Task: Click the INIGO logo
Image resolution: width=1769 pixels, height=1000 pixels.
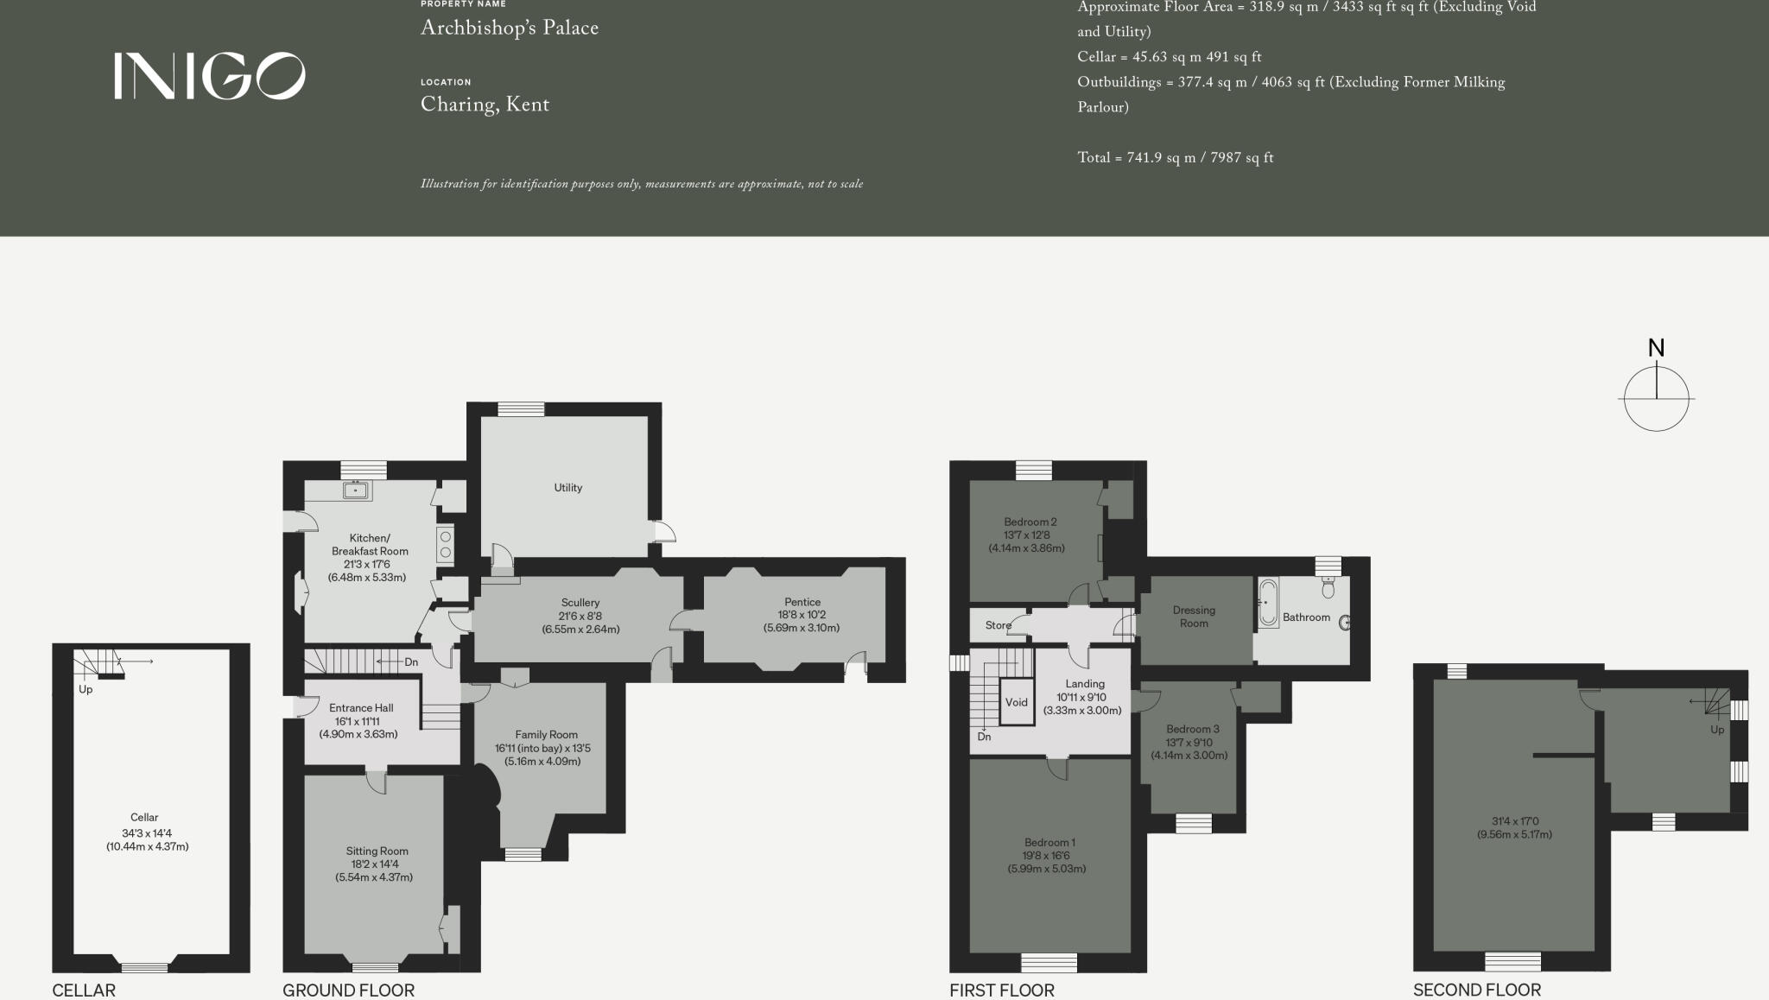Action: point(209,76)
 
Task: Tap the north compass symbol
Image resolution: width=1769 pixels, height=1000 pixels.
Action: point(1656,397)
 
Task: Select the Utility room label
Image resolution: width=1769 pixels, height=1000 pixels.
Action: point(567,488)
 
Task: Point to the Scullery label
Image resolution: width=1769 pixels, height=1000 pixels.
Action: point(580,603)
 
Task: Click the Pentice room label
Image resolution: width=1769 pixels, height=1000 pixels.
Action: point(802,602)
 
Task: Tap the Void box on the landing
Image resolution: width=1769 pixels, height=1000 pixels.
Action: point(1016,702)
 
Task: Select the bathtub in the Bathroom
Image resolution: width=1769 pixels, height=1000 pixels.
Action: point(1267,602)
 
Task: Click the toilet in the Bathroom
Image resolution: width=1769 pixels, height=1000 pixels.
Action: point(1328,588)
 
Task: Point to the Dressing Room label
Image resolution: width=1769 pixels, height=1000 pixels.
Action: point(1194,617)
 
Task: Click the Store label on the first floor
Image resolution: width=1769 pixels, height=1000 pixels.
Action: point(998,625)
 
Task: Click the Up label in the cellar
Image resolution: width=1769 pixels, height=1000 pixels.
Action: point(86,690)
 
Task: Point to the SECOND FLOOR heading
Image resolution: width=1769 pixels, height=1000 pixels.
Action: point(1476,990)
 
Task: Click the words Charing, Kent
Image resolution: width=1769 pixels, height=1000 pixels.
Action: point(485,104)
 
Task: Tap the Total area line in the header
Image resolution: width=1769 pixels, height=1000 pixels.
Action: point(1175,158)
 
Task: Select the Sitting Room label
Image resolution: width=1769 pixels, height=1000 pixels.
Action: point(377,851)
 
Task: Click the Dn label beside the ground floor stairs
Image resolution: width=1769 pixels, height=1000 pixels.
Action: point(411,662)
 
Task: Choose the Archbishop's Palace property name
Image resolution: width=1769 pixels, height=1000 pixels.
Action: point(509,28)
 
